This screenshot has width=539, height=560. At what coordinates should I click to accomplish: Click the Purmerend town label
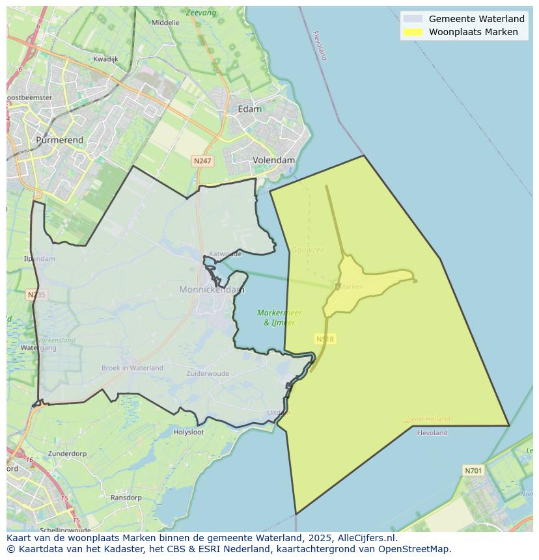[59, 140]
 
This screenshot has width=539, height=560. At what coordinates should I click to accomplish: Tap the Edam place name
[249, 109]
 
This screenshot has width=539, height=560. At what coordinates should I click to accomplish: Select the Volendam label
[273, 160]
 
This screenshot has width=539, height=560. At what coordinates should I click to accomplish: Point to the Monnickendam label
[212, 289]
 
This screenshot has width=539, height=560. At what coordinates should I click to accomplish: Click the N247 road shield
[202, 161]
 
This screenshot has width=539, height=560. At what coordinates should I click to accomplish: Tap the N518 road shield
[325, 339]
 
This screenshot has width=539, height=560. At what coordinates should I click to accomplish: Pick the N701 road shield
[473, 470]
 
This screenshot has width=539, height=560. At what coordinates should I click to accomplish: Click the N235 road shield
[36, 295]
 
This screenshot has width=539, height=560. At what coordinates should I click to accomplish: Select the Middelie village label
[165, 22]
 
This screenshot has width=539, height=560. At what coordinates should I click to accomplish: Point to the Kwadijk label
[105, 59]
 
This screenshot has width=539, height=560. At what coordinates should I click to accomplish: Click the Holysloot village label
[188, 432]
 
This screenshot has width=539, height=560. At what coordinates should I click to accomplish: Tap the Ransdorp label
[126, 498]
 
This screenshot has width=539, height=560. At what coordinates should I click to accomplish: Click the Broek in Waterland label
[132, 367]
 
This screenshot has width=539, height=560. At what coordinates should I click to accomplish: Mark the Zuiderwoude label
[208, 374]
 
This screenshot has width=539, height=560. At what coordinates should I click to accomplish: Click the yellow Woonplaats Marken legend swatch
[413, 32]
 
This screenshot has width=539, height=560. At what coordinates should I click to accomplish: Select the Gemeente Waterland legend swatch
[413, 19]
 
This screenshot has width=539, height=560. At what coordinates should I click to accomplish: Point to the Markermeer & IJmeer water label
[279, 317]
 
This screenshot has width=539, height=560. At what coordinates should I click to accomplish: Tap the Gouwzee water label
[307, 250]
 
